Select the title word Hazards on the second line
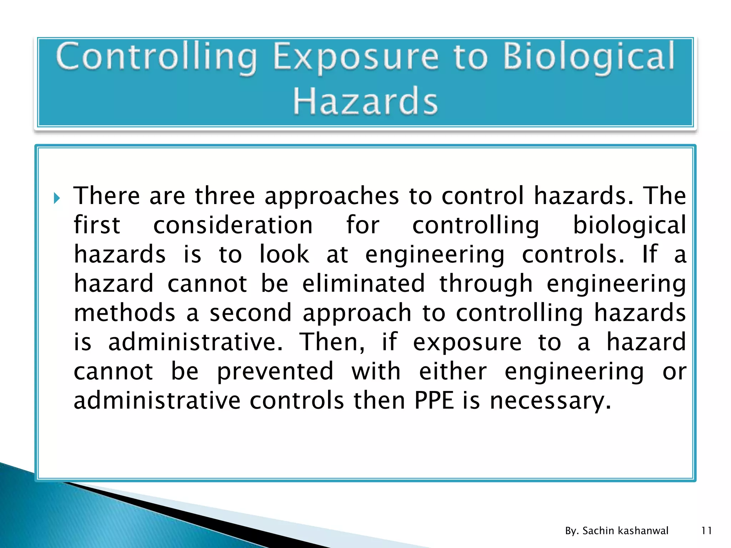[x=365, y=101]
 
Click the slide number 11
[x=706, y=531]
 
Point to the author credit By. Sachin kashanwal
[x=616, y=531]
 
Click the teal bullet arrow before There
[x=57, y=198]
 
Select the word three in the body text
[x=225, y=196]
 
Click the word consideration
[x=233, y=225]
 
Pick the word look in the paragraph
[x=284, y=254]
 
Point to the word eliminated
[x=363, y=284]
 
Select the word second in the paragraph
[x=251, y=313]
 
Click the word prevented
[x=275, y=372]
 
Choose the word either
[x=453, y=371]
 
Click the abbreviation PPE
[x=434, y=401]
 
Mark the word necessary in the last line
[x=550, y=401]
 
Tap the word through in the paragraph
[x=486, y=284]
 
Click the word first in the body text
[x=97, y=225]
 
